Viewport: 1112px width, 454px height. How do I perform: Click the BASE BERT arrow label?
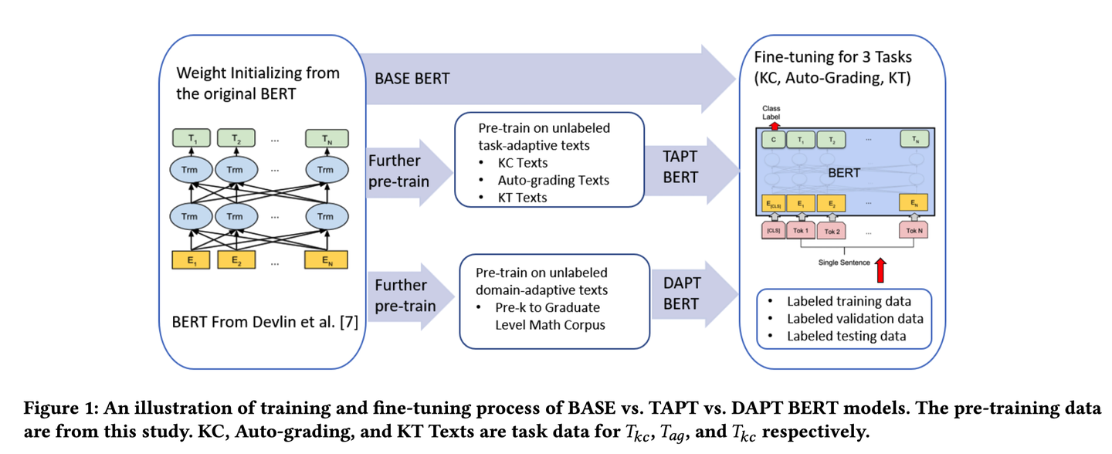click(412, 79)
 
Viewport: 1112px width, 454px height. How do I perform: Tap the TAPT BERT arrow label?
click(680, 167)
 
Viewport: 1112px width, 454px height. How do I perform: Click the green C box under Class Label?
click(774, 140)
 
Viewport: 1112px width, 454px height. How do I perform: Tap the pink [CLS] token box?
click(774, 230)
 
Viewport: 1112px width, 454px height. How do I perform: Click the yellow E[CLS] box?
click(774, 204)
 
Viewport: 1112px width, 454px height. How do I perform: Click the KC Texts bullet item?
click(524, 163)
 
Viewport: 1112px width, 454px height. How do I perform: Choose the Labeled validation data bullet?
click(855, 318)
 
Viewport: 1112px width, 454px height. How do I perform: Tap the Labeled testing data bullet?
click(846, 335)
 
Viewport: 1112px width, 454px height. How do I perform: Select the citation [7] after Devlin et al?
click(350, 321)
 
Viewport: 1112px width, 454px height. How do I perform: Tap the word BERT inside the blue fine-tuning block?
click(844, 172)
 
